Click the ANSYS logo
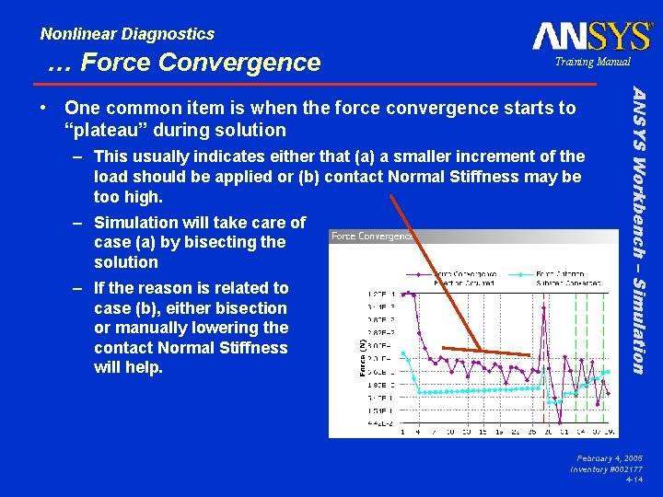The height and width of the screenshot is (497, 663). point(591,37)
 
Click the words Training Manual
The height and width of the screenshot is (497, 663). point(592,62)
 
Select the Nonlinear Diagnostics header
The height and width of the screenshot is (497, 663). point(127,34)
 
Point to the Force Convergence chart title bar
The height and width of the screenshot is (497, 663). point(372,236)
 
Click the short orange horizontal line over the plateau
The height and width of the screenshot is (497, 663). point(485,351)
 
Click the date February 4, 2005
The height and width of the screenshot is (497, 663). point(610,457)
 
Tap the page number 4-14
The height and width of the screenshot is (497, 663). point(634,480)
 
